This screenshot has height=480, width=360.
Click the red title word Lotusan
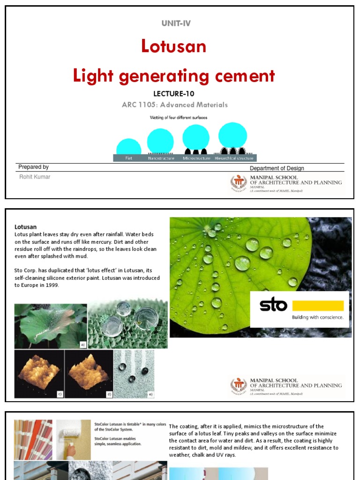coord(173,46)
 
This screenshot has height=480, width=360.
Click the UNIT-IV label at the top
coord(176,23)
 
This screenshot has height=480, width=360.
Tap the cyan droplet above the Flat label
coord(128,147)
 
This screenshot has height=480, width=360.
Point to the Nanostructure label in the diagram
coord(161,158)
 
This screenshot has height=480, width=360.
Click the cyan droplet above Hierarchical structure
coord(232,135)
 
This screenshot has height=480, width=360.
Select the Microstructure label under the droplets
coord(196,158)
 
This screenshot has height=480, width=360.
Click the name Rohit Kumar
coord(34,177)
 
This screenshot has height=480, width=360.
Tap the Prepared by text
coord(33,167)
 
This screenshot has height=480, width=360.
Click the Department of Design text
coord(277,168)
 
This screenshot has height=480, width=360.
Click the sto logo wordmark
coord(273,306)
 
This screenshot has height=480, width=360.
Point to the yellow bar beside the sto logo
coord(318,306)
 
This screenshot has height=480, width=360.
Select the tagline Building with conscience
coord(318,317)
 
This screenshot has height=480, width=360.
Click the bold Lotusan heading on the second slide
coord(25,227)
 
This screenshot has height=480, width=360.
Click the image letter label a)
coord(83,345)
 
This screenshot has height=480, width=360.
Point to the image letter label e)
coord(150,394)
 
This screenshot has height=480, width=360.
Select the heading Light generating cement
coord(173,76)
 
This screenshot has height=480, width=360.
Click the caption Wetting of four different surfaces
coord(178,117)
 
